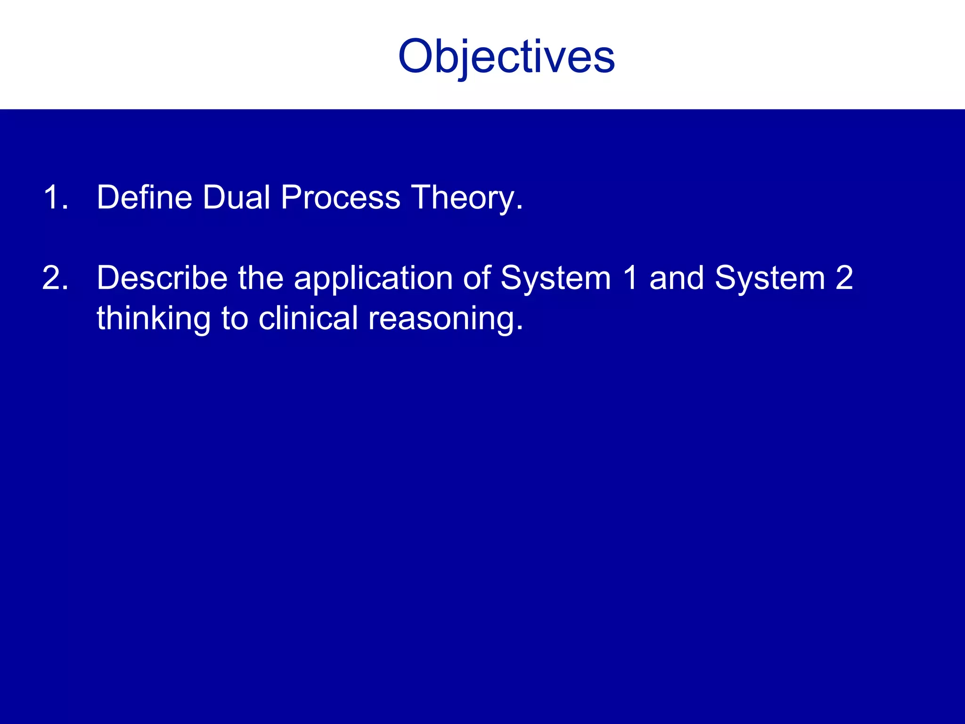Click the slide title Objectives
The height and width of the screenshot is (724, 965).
507,57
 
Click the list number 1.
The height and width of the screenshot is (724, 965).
55,197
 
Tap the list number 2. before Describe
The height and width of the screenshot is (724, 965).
55,278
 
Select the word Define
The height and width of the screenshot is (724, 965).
144,197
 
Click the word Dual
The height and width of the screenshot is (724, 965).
236,197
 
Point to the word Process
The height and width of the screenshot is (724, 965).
340,197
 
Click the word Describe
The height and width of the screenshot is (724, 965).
162,278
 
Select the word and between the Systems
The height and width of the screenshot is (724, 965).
677,278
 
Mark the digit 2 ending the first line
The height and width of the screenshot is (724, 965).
844,278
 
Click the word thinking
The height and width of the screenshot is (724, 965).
154,319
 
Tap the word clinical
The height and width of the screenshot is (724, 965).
308,318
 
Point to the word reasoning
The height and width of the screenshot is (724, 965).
445,319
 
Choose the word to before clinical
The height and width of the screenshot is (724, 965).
234,319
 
